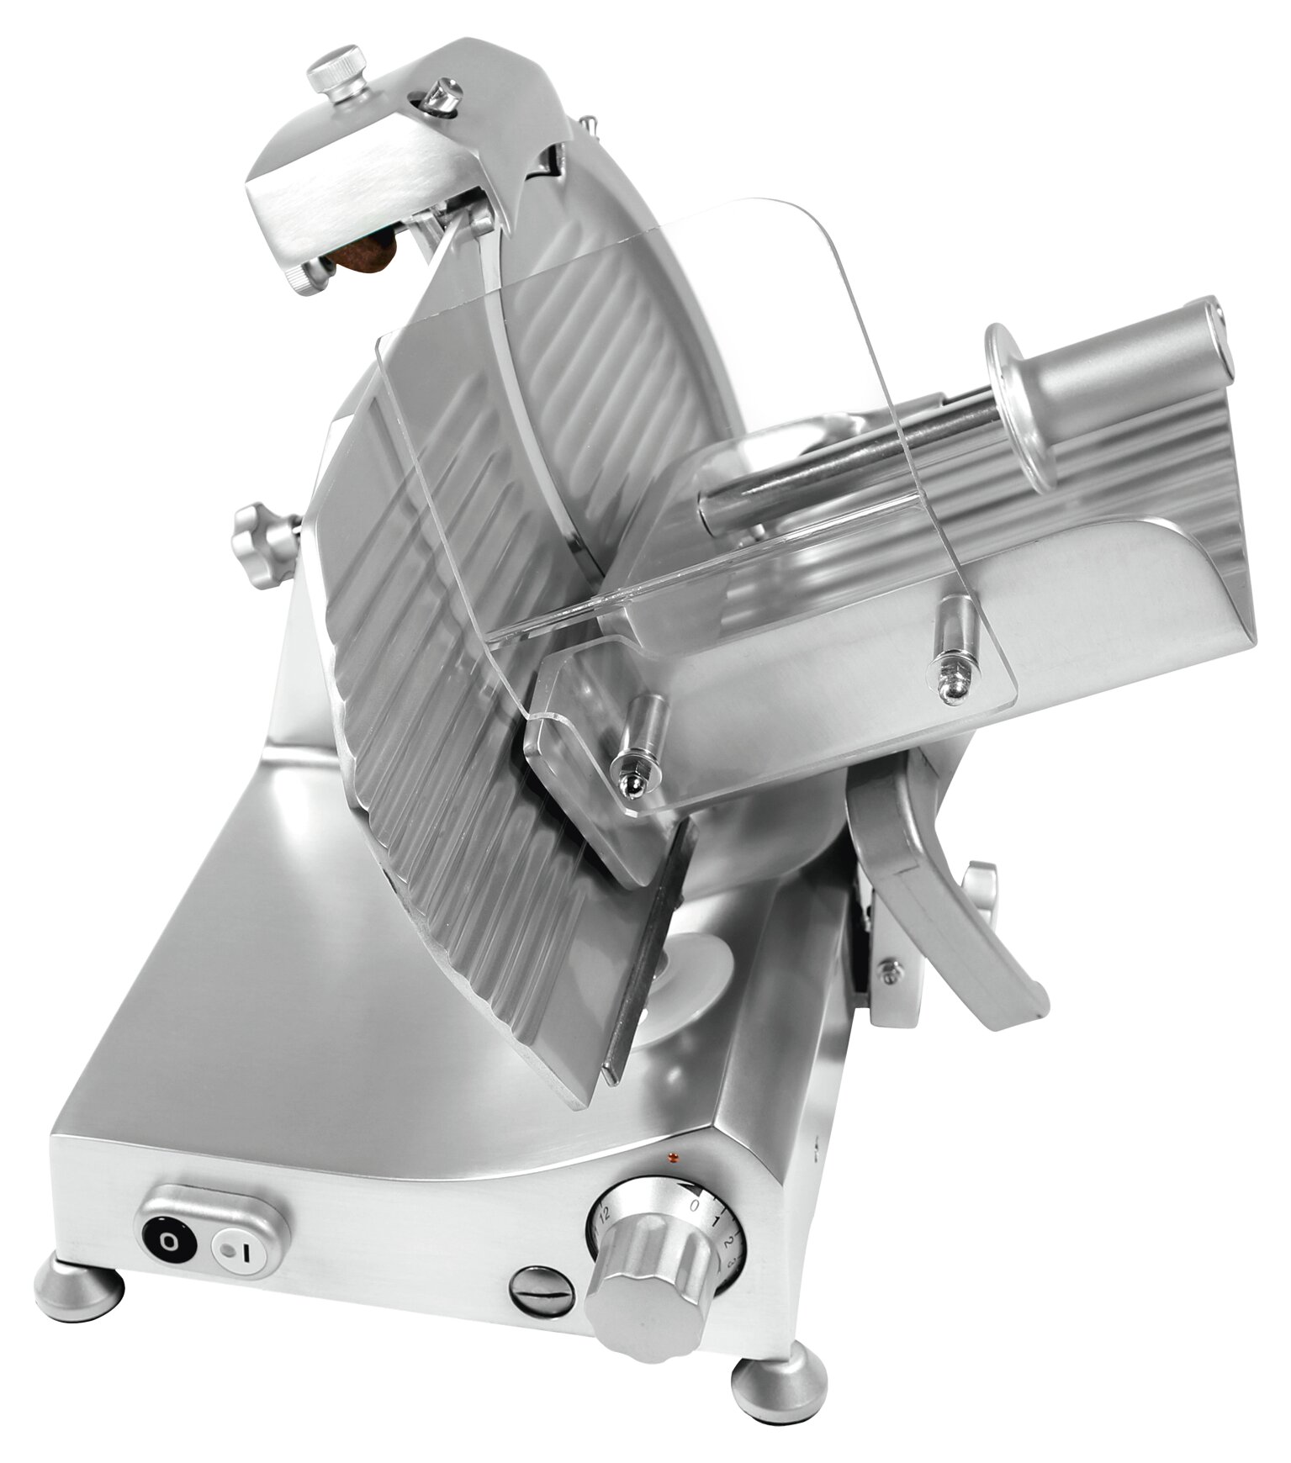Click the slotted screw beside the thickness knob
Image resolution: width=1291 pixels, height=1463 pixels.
542,1289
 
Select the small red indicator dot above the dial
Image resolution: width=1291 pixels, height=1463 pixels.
671,1159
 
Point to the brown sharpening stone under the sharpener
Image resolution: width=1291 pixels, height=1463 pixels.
368,253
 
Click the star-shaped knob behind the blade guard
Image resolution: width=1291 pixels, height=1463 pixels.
263,543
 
